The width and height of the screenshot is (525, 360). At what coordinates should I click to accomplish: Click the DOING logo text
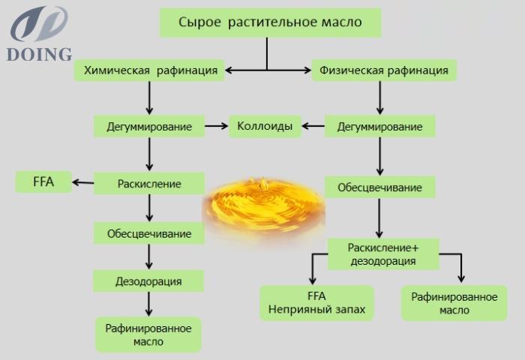point(39,54)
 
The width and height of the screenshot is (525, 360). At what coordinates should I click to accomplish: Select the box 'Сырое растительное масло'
point(270,22)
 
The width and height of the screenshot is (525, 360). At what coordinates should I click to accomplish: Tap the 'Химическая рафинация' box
point(149,70)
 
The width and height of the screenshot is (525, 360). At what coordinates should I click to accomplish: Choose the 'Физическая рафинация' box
point(384,70)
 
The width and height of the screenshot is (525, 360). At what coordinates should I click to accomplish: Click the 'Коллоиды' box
point(265,126)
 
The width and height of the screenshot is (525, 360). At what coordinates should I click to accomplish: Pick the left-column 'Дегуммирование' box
point(149,126)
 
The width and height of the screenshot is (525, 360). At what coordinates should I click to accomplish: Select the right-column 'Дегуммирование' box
point(380,126)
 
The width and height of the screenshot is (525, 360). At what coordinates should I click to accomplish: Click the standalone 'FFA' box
point(43,181)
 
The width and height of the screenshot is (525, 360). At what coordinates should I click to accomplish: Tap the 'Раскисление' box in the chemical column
point(149,183)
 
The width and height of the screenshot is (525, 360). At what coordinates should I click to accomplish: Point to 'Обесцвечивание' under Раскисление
point(149,233)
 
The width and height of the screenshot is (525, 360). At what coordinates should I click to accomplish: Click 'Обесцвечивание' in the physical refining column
point(380,187)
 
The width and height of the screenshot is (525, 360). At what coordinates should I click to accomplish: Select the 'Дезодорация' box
point(148,281)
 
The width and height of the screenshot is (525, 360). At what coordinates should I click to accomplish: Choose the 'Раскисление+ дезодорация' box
point(383,254)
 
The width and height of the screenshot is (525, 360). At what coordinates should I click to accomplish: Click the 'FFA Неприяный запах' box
point(316,303)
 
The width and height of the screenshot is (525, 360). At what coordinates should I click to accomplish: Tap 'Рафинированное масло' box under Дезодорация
point(148,335)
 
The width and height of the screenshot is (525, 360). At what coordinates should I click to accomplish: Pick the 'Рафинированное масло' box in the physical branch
point(454,303)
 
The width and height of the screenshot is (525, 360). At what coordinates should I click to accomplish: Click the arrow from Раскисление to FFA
point(83,182)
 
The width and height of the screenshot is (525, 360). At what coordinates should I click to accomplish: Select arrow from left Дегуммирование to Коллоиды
point(216,126)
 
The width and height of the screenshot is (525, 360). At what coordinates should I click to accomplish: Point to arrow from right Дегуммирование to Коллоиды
point(313,126)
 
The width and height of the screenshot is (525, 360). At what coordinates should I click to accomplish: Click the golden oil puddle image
point(264,208)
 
